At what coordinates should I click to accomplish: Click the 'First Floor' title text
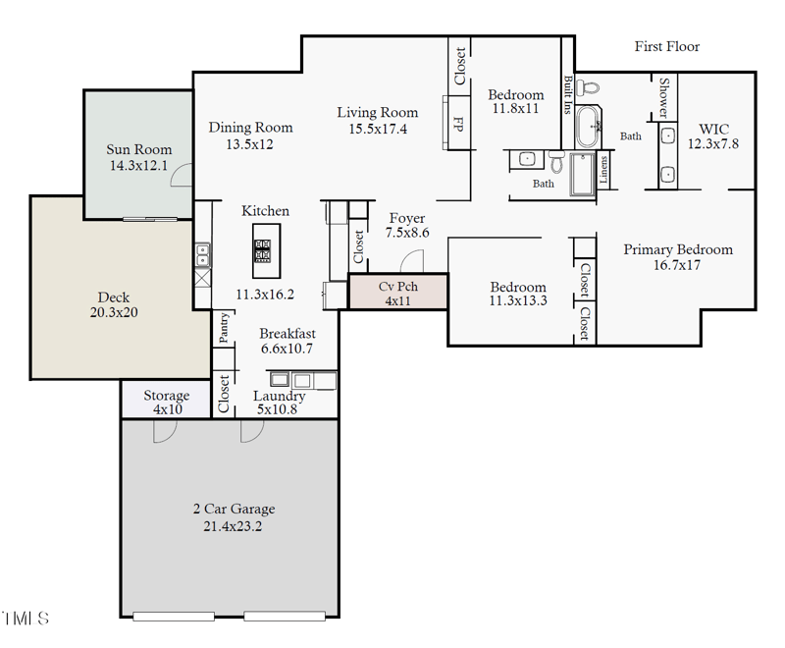click(666, 46)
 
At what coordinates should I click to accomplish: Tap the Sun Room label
click(138, 149)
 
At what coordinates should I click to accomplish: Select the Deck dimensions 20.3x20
click(113, 313)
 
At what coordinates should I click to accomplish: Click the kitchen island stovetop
click(262, 250)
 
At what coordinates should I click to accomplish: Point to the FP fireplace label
click(457, 124)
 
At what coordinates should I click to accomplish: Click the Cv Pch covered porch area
click(397, 294)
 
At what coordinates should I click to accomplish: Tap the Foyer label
click(406, 218)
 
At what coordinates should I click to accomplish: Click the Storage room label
click(166, 396)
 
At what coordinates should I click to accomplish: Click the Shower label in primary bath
click(664, 98)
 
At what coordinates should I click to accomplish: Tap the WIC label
click(713, 129)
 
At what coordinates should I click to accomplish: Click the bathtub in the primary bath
click(588, 125)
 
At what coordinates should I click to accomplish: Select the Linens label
click(603, 168)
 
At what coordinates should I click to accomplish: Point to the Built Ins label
click(568, 95)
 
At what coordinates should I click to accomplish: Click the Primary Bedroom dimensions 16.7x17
click(677, 265)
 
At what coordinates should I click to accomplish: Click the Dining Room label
click(250, 128)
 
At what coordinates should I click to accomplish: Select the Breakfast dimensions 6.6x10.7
click(287, 349)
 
